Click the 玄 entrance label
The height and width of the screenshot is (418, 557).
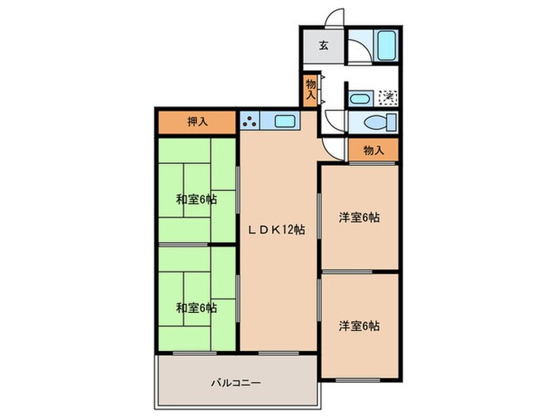[x=324, y=45]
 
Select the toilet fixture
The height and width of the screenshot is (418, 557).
[x=379, y=123]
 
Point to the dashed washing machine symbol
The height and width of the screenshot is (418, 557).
[x=388, y=97]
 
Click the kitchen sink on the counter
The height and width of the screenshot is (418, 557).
[x=284, y=122]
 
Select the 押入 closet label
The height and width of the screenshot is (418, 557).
[x=197, y=123]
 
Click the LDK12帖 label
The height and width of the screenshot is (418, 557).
[x=278, y=230]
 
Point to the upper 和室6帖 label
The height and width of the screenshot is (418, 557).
[x=196, y=199]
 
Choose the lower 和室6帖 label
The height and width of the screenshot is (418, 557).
[x=196, y=307]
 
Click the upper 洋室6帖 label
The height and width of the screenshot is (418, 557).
[x=358, y=217]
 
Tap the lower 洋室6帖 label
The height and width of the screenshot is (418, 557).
[x=358, y=326]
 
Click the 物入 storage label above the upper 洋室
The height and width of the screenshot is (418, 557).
[x=373, y=150]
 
